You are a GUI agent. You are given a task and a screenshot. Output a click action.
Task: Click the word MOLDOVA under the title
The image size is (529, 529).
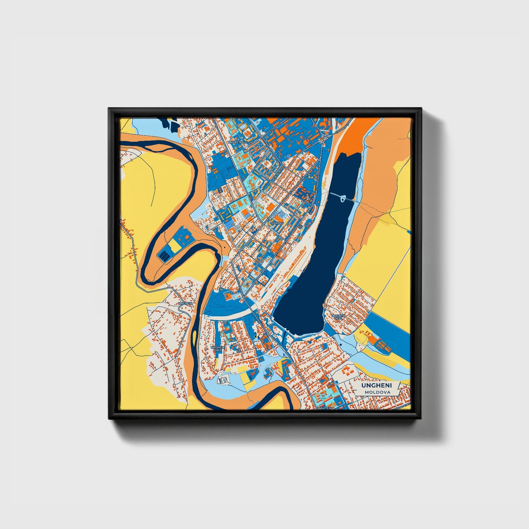pos(377,392)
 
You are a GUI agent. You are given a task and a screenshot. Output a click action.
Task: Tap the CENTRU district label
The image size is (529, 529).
pos(277,223)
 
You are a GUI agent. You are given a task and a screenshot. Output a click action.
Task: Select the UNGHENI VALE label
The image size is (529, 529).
pos(218,349)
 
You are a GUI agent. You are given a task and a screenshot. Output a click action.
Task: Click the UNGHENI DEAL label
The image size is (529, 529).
pos(338,317)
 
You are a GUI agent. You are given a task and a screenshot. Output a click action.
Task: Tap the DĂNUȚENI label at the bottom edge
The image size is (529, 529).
pos(324,407)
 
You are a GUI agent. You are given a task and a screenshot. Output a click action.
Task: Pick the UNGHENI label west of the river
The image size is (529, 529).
pos(185,303)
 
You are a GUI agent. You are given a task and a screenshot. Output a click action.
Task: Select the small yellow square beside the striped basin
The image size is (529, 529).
pos(175,246)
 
